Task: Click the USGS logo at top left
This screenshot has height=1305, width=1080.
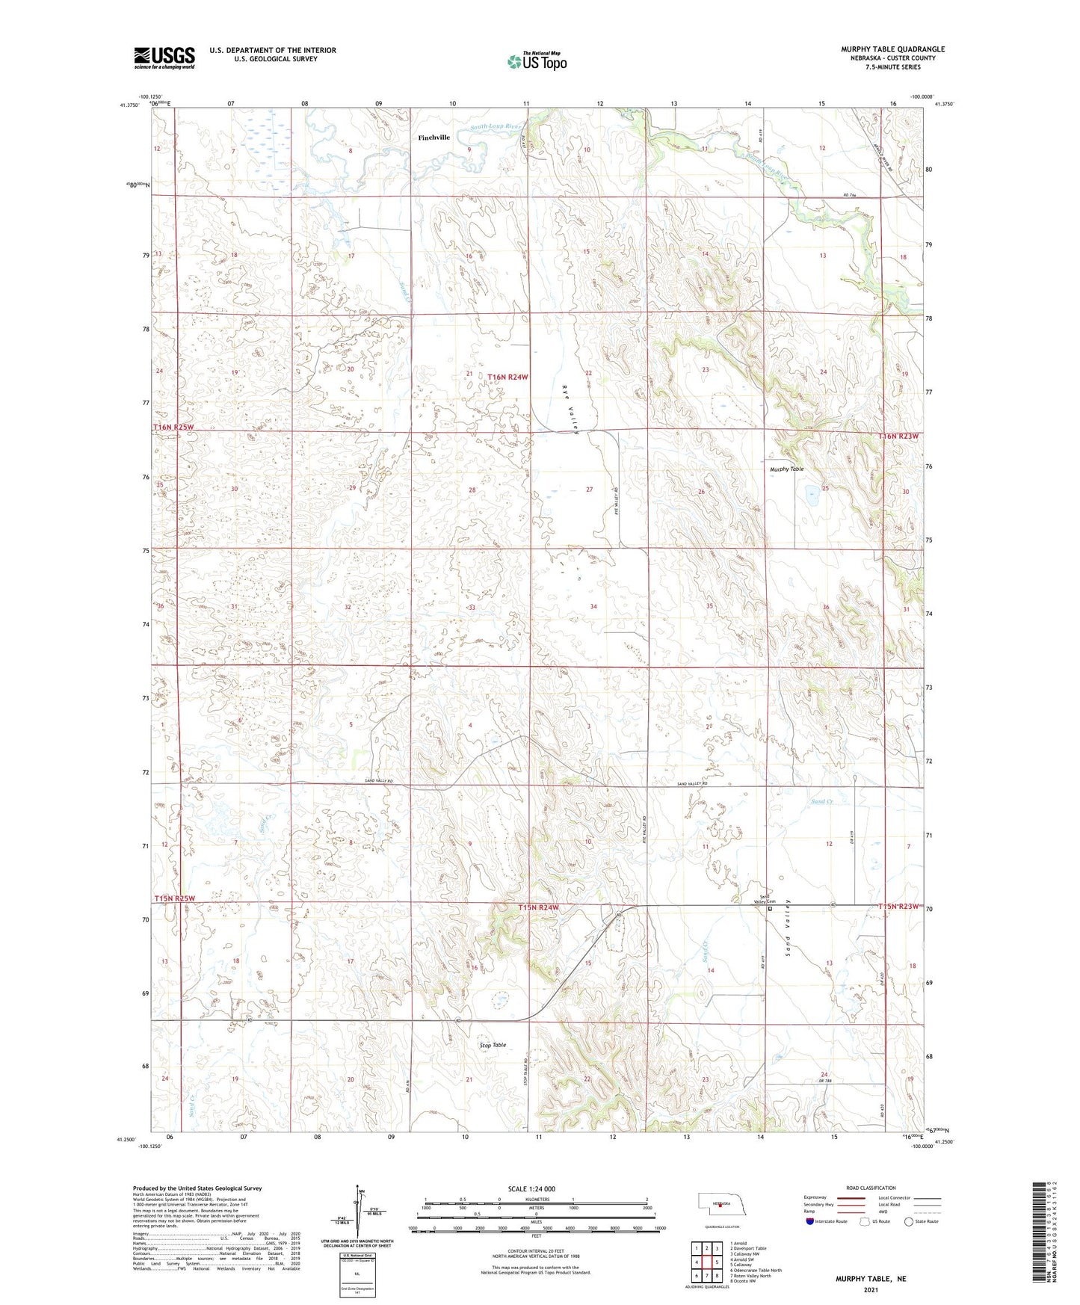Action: point(164,58)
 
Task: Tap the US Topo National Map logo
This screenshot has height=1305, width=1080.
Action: point(536,61)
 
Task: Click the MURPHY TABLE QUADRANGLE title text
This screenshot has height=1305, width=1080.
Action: point(892,49)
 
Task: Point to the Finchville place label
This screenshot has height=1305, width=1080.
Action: point(433,138)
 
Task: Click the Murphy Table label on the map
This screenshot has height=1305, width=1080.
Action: point(786,469)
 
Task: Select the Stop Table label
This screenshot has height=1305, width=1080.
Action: point(493,1045)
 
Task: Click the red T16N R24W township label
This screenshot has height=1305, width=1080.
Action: point(507,377)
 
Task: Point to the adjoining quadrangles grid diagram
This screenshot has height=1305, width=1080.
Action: point(706,1260)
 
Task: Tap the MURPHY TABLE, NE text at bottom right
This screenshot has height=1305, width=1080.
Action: point(870,1279)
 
